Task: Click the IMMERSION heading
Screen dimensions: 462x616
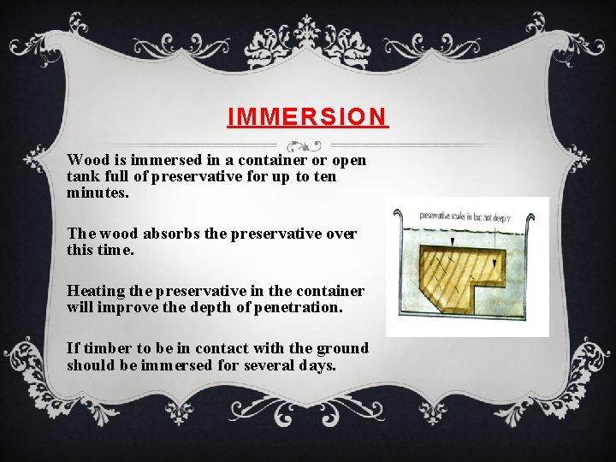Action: pyautogui.click(x=308, y=116)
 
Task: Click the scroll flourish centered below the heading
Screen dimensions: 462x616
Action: pyautogui.click(x=304, y=146)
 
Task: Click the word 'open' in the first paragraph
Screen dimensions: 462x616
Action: pyautogui.click(x=348, y=161)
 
